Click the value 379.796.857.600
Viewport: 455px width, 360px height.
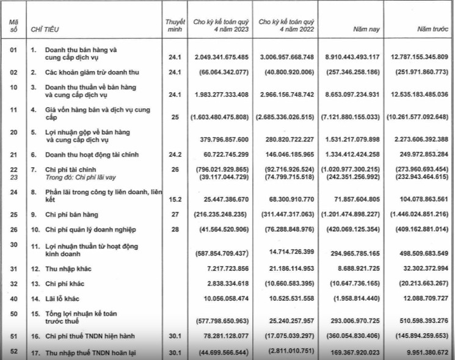(217, 137)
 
